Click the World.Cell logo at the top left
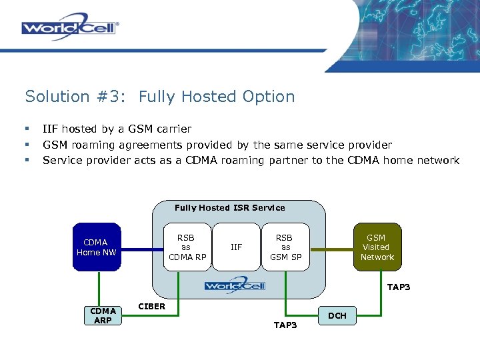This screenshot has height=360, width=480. pos(70,27)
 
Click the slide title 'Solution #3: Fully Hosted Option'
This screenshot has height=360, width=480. pos(160,97)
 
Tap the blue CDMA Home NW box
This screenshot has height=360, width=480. pos(97,247)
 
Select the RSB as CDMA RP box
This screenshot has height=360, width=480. pos(186,247)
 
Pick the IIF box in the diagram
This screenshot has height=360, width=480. pos(236,247)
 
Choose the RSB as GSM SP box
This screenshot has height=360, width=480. pos(285,247)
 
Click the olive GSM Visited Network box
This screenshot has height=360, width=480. pos(377,247)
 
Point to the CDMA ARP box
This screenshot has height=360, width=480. pos(103,315)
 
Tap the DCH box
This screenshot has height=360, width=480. pos(338,315)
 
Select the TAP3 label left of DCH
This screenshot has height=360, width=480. pos(285,325)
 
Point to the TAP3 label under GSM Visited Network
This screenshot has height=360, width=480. pos(398,287)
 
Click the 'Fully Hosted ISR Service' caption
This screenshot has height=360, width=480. pos(229,208)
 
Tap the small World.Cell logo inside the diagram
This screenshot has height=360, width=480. pos(235,285)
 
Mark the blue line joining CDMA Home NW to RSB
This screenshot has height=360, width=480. pos(142,250)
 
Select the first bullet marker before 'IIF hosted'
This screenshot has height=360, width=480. pos(27,129)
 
